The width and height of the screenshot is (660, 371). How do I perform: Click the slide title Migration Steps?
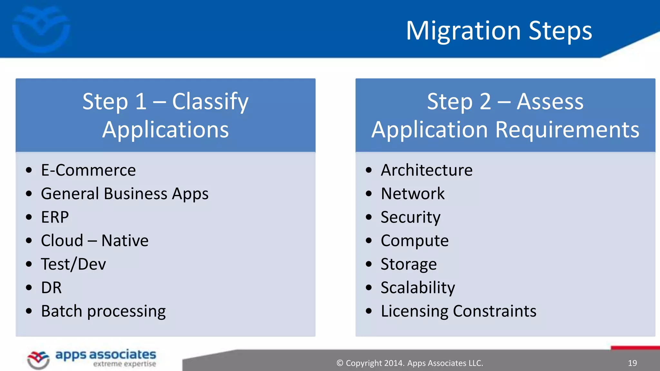tap(499, 31)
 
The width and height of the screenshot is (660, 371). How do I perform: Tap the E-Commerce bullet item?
tap(88, 170)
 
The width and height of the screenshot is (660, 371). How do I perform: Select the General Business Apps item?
tap(124, 194)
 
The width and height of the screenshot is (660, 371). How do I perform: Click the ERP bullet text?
tap(55, 217)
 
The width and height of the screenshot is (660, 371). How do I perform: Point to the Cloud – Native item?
tap(94, 241)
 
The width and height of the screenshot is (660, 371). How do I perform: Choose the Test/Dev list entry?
tap(73, 264)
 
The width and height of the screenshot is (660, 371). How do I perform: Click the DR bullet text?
tap(51, 288)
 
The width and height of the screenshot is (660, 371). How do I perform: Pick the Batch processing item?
tap(103, 311)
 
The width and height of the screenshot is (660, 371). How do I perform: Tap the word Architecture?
tap(426, 170)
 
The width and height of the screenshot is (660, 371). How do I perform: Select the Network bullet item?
tap(412, 194)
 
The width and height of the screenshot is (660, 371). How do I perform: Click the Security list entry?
tap(410, 217)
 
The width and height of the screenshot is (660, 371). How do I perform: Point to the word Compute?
tap(414, 241)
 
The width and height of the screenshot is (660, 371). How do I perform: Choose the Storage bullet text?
tap(408, 264)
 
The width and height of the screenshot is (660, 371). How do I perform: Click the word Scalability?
tap(418, 288)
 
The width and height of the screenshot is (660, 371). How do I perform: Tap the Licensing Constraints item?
tap(458, 311)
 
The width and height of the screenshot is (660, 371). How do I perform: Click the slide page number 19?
tap(632, 363)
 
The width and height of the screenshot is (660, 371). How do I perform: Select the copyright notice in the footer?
tap(410, 363)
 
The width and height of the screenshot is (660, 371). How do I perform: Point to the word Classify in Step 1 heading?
tap(210, 102)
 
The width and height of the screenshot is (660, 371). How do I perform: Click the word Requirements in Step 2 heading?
tap(567, 130)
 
